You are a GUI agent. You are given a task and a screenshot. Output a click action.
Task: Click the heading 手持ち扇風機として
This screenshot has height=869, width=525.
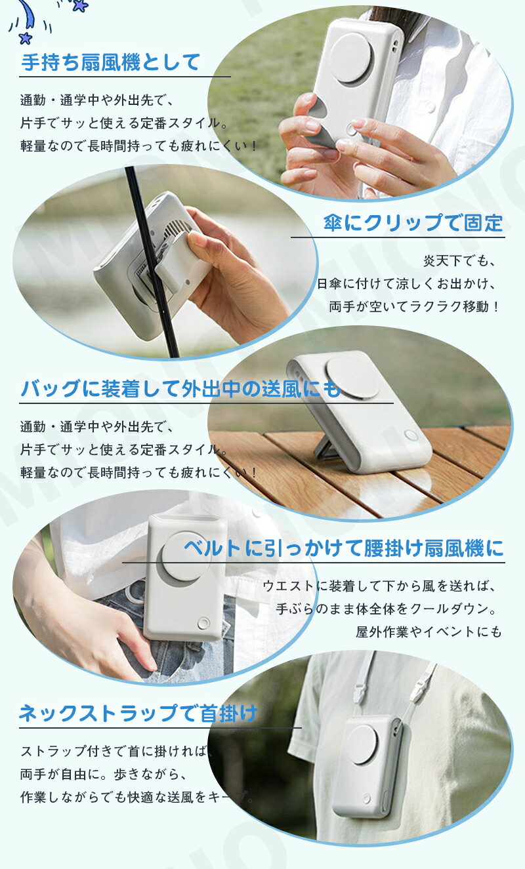[x=111, y=62]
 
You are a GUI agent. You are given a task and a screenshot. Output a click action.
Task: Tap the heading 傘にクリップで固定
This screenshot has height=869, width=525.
[x=413, y=223]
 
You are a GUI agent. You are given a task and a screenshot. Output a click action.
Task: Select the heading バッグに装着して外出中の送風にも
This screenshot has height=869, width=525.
[x=180, y=389]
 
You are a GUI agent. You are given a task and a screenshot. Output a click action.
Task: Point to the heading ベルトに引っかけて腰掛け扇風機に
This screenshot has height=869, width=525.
[x=344, y=548]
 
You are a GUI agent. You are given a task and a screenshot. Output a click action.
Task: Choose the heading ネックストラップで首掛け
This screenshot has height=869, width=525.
[x=138, y=713]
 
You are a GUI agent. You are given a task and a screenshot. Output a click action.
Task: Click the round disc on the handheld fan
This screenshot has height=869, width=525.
[x=352, y=57]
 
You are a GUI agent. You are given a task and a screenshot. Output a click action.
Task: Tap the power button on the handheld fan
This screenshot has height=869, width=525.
[x=352, y=129]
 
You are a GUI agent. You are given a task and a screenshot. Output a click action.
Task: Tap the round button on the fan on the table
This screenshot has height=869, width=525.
[x=411, y=435]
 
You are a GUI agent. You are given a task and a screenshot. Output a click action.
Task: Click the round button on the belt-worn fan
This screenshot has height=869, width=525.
[x=203, y=624]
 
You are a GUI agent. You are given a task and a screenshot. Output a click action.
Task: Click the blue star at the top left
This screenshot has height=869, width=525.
[x=25, y=37]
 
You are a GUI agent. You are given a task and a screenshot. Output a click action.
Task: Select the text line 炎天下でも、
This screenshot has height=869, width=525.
[x=460, y=261]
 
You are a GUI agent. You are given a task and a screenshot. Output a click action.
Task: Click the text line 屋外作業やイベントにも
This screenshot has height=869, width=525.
[x=429, y=632]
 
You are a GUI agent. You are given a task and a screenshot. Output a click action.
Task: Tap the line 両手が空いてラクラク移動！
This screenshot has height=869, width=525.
[x=415, y=307]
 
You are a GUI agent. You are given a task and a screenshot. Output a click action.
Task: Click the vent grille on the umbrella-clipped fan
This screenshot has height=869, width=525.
[x=179, y=230]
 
